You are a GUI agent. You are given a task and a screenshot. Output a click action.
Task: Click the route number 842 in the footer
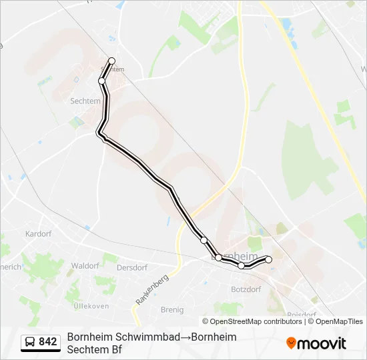[48, 342]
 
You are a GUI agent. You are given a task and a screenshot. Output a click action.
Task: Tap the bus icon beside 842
[31, 343]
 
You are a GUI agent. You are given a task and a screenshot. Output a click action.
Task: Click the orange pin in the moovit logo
[291, 343]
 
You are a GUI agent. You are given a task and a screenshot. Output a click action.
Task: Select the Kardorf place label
[37, 234]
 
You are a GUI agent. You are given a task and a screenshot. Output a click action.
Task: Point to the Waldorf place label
[85, 265]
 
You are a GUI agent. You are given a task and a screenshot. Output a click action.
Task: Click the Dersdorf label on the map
[131, 267]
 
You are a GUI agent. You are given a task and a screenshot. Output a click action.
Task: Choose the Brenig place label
[172, 309]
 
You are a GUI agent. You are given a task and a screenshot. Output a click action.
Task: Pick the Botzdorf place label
[246, 289]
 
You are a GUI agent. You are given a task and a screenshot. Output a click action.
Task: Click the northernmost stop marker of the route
[111, 61]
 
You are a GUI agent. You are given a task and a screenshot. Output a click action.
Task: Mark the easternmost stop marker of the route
[269, 259]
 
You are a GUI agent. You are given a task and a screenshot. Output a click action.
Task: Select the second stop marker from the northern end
[102, 81]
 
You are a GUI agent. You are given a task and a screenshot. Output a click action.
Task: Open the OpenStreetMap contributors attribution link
[256, 321]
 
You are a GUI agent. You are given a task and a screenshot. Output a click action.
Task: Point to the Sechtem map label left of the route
[85, 101]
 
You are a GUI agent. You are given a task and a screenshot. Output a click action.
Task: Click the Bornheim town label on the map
[234, 256]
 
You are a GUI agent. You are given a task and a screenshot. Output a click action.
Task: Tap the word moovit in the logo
[322, 343]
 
